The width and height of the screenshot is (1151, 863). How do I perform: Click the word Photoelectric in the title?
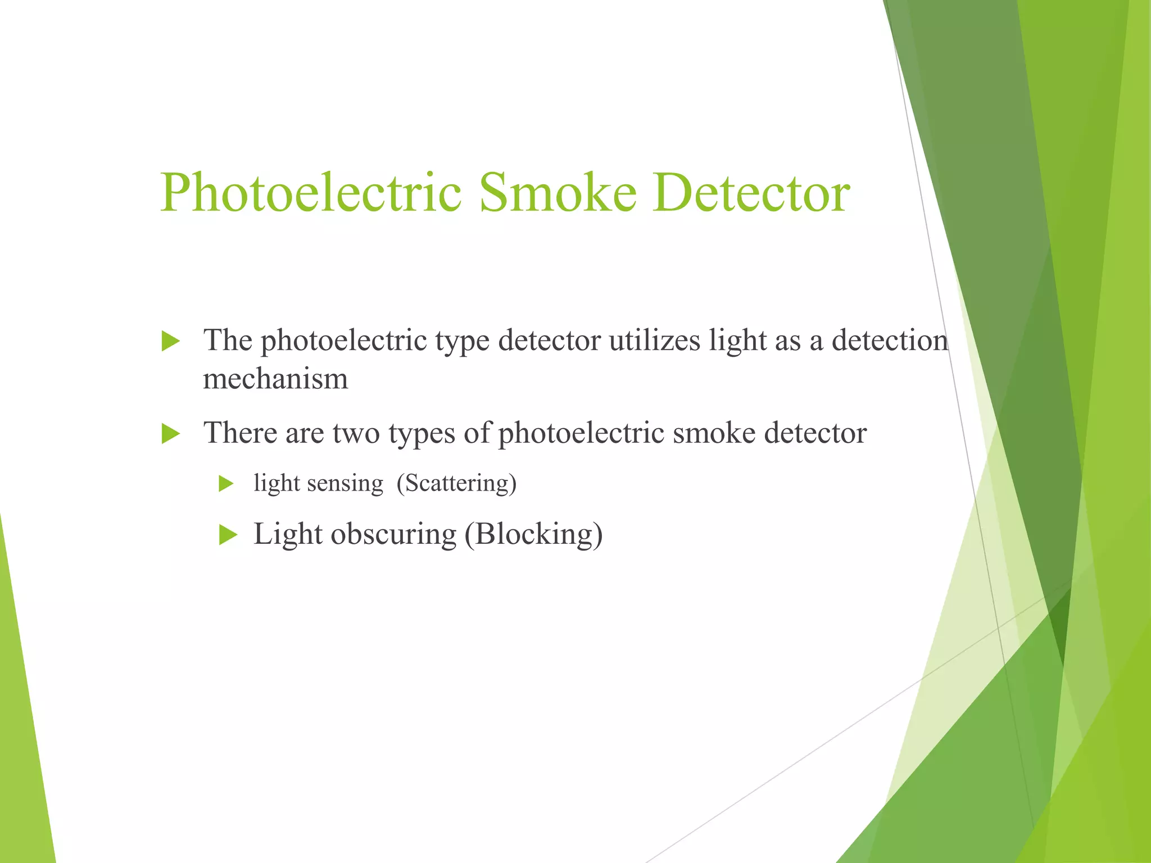(x=311, y=193)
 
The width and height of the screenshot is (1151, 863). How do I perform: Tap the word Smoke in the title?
(x=558, y=193)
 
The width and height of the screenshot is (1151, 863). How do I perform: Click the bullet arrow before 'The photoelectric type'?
(x=170, y=341)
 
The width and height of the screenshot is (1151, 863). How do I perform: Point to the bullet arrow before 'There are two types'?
(x=170, y=434)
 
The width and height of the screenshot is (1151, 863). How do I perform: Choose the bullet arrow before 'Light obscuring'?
(x=228, y=534)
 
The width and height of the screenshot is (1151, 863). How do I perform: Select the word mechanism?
(x=275, y=379)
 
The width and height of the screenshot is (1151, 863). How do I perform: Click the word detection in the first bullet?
(x=890, y=340)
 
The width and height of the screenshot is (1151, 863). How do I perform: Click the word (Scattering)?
(x=456, y=483)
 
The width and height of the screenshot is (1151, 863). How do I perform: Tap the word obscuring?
(x=393, y=534)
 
